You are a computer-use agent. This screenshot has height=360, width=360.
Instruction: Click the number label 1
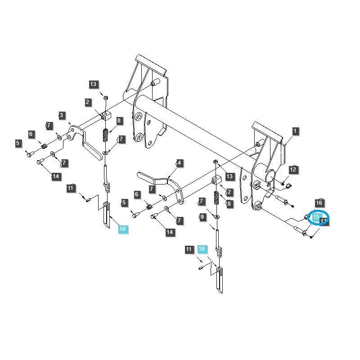[295, 131]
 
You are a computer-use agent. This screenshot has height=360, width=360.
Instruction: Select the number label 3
[62, 116]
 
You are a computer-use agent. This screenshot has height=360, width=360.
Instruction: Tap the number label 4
[179, 163]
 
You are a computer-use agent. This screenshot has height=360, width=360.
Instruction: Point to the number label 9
[202, 217]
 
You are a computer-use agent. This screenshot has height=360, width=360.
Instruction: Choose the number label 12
[293, 170]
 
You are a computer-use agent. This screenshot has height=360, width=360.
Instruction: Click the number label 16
[319, 203]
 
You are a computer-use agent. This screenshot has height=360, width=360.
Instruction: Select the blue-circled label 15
[316, 217]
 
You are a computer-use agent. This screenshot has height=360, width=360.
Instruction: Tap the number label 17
[323, 222]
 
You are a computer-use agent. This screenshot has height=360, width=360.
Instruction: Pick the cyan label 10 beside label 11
[202, 249]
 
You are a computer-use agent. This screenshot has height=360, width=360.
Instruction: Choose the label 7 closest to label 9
[202, 201]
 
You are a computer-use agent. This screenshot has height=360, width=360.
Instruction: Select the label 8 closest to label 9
[229, 204]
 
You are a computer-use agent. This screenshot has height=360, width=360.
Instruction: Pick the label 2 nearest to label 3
[88, 103]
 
